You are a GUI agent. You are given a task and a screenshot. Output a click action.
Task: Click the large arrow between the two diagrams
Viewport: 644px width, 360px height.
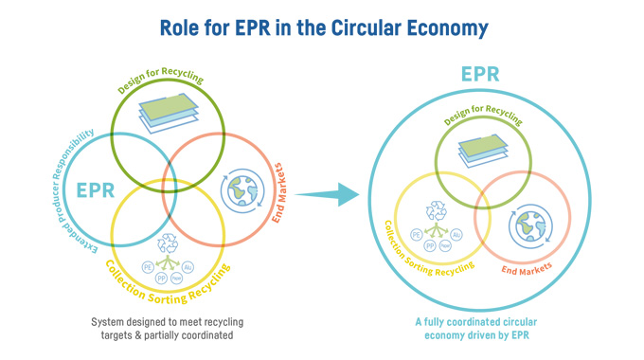click(x=328, y=195)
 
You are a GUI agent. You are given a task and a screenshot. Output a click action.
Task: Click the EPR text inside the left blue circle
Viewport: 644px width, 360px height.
click(x=96, y=189)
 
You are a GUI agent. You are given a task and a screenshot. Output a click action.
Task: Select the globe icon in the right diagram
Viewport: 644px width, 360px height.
click(x=528, y=227)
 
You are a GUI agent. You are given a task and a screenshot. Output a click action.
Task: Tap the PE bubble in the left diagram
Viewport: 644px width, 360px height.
click(x=148, y=268)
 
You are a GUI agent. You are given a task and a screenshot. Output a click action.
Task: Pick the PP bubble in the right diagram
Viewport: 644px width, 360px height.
click(x=431, y=245)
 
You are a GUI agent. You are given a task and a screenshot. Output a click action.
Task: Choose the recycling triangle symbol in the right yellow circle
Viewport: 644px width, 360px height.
click(x=438, y=210)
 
